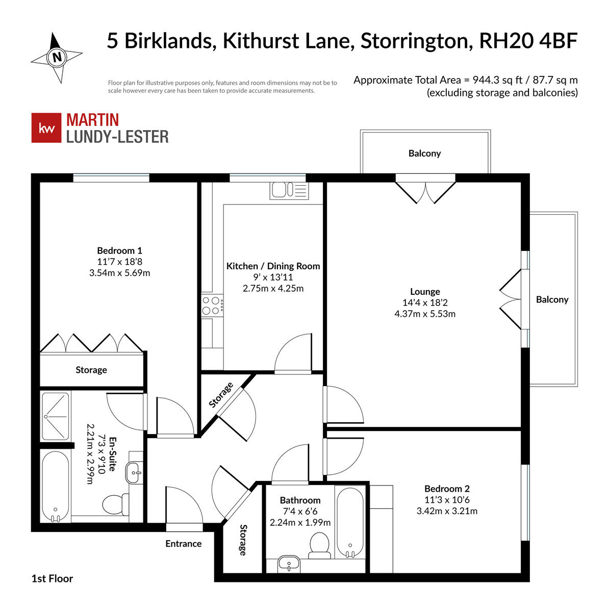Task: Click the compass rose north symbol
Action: (x=57, y=57)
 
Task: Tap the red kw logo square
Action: (x=46, y=128)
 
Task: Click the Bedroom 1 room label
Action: (x=119, y=250)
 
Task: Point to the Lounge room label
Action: (x=425, y=292)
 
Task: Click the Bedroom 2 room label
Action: (x=447, y=489)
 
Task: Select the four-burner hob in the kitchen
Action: (x=213, y=305)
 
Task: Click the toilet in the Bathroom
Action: (x=320, y=543)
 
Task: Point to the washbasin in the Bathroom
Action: (x=289, y=565)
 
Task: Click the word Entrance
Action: (x=184, y=544)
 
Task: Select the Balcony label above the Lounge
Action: (x=424, y=154)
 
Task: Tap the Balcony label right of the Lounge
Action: (x=552, y=300)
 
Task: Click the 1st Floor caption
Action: (x=52, y=578)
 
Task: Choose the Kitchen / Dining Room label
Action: (x=273, y=266)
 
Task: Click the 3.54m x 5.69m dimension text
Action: (x=119, y=273)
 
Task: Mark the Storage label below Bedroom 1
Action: (x=91, y=370)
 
